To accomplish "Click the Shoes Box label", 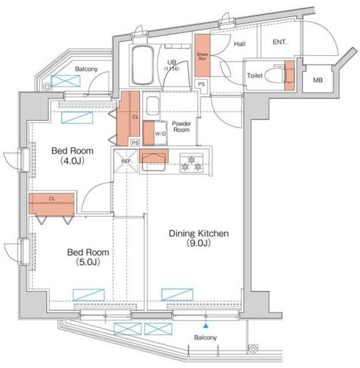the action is [x=202, y=56].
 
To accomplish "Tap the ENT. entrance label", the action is [x=279, y=42].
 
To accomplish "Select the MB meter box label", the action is [x=318, y=80].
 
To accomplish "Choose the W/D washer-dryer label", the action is [x=160, y=134].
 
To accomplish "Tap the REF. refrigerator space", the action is [x=127, y=161].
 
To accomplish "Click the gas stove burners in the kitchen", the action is [x=192, y=163].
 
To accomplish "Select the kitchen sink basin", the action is [x=153, y=162].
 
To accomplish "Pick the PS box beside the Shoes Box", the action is [x=201, y=84].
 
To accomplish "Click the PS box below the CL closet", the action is [x=135, y=143].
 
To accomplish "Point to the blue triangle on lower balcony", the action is [x=206, y=325].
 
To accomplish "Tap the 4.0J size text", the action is [x=72, y=161].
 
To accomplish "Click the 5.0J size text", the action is [x=88, y=262].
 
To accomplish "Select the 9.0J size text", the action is [x=198, y=243].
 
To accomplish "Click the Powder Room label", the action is [x=181, y=126].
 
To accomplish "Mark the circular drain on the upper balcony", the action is [x=47, y=87].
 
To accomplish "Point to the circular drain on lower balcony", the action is [x=253, y=349].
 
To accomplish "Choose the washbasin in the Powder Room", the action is [x=152, y=106].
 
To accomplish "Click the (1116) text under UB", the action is [x=172, y=69].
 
